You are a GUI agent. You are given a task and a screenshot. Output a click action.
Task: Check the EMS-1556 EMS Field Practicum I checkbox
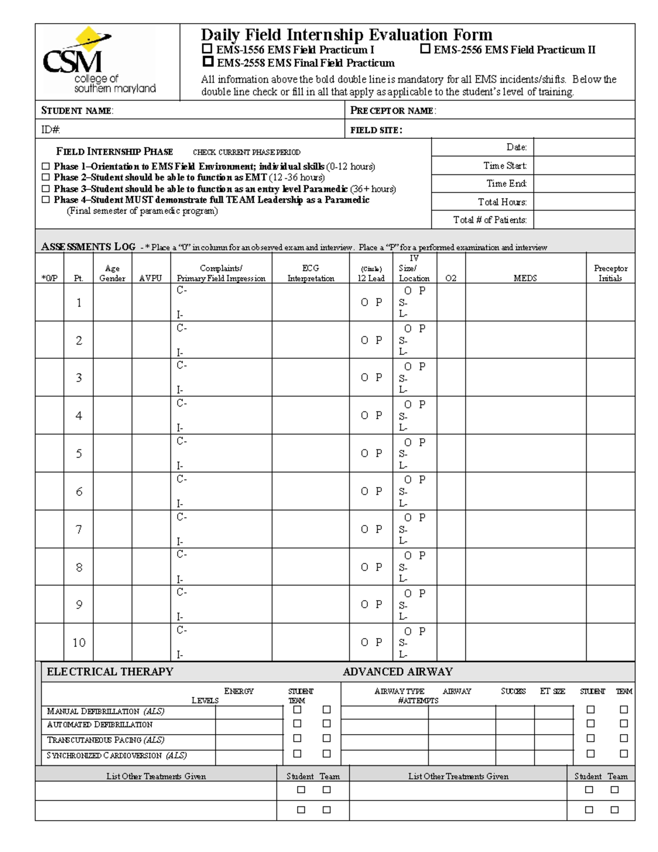click(207, 49)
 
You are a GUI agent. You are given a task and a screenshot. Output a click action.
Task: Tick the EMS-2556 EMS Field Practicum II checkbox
click(425, 49)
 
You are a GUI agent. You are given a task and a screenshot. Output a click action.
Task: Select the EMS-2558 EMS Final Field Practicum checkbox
click(208, 61)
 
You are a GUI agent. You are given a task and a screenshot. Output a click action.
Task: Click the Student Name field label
click(77, 111)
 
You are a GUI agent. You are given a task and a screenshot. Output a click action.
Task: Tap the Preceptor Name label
click(393, 111)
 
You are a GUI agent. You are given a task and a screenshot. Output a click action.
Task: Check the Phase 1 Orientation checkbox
click(46, 166)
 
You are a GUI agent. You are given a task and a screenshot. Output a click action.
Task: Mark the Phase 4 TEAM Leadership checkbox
click(46, 200)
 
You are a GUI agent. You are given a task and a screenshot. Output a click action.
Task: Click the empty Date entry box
click(583, 147)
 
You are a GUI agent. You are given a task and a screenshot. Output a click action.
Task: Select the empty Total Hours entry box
click(583, 201)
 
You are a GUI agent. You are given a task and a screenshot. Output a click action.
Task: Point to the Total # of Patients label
click(490, 220)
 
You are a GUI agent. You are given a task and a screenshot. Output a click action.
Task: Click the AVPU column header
click(150, 278)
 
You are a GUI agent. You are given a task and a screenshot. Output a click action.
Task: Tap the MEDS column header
click(525, 278)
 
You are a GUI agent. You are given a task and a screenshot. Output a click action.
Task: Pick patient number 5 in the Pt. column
click(79, 454)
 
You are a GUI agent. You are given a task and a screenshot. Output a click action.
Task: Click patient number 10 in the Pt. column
click(79, 642)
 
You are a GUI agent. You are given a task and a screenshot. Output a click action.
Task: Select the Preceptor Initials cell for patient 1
click(610, 302)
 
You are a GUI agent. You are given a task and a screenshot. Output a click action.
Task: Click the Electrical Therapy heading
click(110, 672)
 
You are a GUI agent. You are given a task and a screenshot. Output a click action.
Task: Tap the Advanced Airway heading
click(398, 672)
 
